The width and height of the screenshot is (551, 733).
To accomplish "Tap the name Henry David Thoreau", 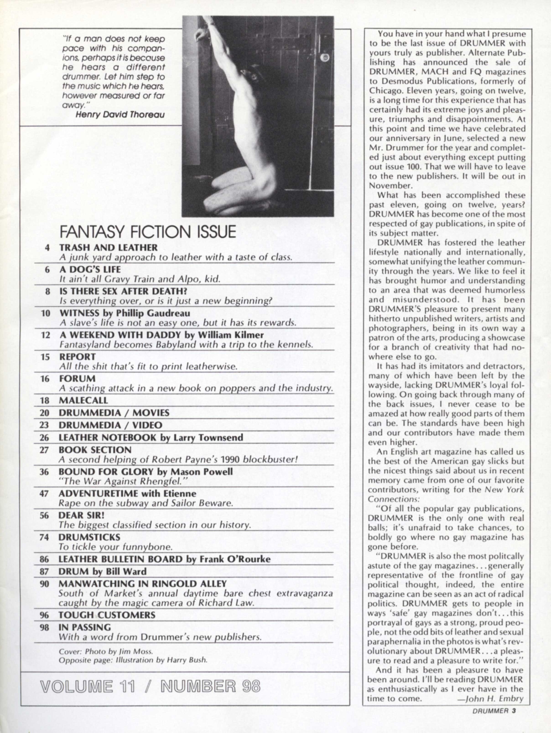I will coord(120,115).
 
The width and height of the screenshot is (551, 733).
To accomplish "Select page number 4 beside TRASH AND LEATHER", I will coord(47,248).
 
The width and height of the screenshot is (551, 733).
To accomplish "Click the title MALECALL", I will coord(83,400).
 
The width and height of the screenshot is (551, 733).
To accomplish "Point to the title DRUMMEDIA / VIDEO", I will coord(110,425).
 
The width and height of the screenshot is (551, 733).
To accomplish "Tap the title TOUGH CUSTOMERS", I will coord(107,615).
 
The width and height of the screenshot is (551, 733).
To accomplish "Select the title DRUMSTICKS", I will coord(89,537).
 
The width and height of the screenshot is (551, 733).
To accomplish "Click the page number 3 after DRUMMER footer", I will coord(514,710).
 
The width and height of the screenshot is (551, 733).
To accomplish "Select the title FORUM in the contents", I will coord(77,378).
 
